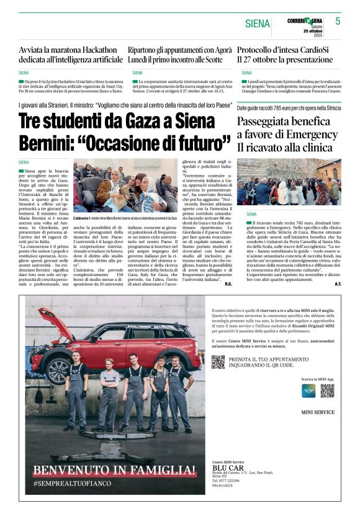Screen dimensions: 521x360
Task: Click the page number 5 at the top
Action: tap(338, 21)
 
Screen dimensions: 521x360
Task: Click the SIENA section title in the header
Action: tap(258, 24)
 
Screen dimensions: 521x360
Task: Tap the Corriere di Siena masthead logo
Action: tap(305, 21)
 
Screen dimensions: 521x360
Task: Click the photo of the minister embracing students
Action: tap(125, 186)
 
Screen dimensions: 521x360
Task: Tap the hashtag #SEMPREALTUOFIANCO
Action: tap(73, 483)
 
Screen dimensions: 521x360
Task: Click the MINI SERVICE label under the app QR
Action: tap(317, 412)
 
